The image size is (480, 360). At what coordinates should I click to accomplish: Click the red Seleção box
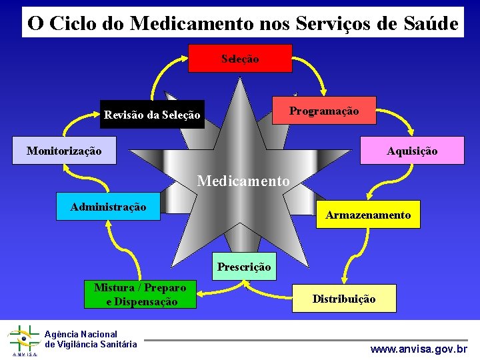(240, 58)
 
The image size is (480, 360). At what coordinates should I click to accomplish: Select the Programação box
(325, 110)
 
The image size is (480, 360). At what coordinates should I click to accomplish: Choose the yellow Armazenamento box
(368, 215)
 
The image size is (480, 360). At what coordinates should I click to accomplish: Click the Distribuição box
(344, 299)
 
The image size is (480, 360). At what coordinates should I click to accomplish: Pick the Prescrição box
(244, 267)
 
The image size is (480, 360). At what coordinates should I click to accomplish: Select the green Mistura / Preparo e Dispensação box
(141, 295)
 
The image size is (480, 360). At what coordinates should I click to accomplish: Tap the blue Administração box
(108, 206)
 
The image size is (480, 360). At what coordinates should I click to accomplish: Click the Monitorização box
(65, 151)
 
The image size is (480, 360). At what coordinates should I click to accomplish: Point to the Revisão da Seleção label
(152, 115)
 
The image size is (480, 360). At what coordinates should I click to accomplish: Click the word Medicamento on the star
(243, 181)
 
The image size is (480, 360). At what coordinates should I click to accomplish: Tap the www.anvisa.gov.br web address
(419, 349)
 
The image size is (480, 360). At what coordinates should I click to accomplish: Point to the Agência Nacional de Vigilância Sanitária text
(91, 339)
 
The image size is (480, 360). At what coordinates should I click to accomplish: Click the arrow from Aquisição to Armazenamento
(409, 180)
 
